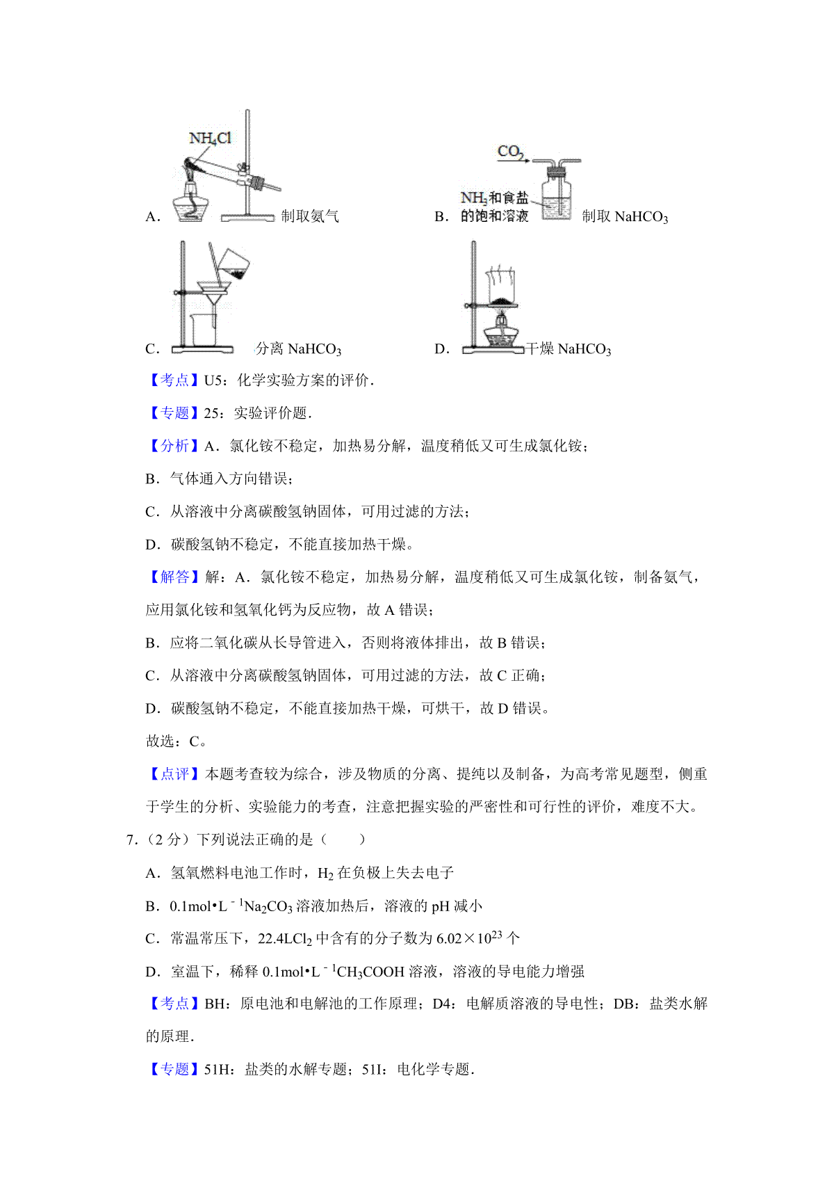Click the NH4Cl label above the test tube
point(210,138)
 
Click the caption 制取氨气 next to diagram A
point(310,216)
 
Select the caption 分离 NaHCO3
point(298,348)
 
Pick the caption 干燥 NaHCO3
point(569,348)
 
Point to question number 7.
point(131,839)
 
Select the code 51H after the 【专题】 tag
point(217,1070)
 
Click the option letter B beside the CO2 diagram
point(441,216)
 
